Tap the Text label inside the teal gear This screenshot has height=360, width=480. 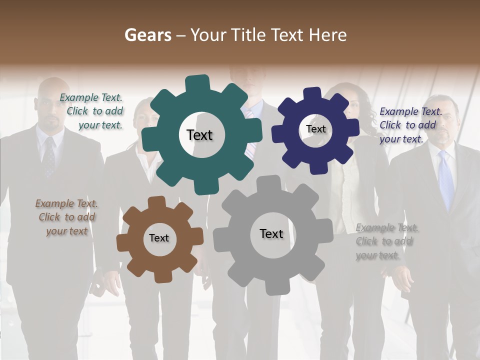(199, 135)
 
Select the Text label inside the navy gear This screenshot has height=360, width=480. (315, 129)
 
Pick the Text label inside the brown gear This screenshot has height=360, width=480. (159, 238)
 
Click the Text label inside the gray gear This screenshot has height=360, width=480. (271, 233)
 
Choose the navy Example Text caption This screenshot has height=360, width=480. (410, 125)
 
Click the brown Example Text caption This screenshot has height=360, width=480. (66, 217)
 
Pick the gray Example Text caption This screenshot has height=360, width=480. (386, 241)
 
